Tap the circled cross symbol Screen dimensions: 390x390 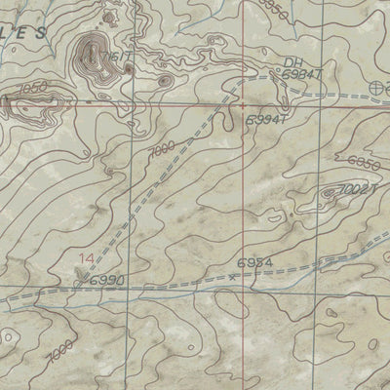point(378,88)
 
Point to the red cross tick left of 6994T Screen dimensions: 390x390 point(241,101)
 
